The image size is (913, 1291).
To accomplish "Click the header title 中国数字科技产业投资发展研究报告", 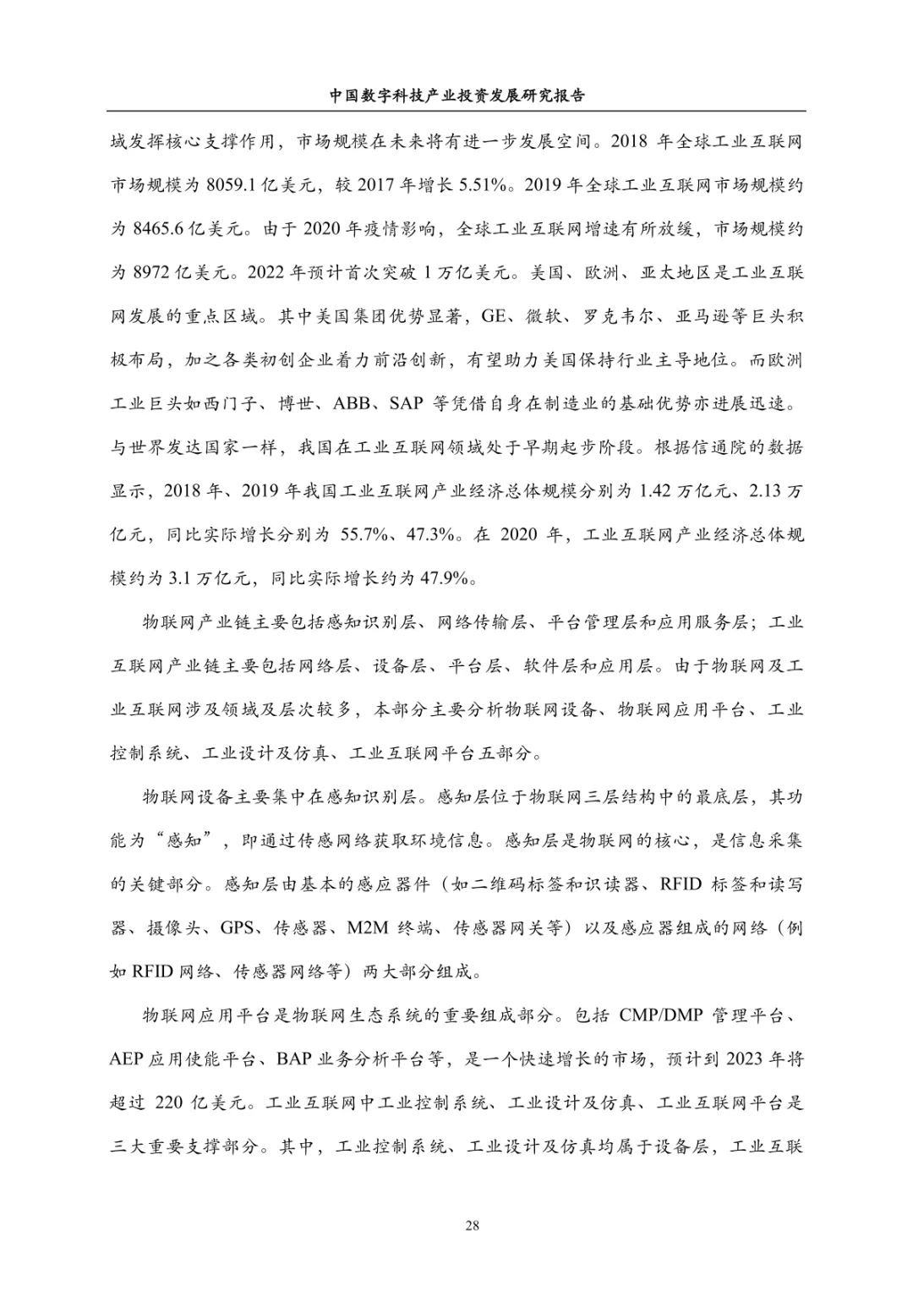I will (x=456, y=96).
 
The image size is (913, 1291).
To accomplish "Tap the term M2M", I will (x=368, y=927).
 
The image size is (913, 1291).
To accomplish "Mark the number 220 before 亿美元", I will (x=173, y=1103).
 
